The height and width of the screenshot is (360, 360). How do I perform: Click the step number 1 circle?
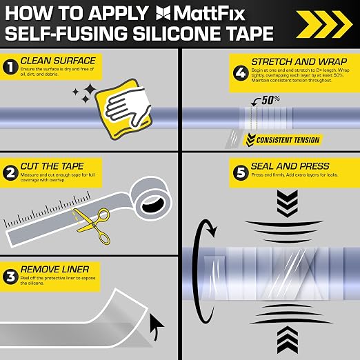10,67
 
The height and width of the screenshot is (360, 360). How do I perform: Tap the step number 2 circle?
10,173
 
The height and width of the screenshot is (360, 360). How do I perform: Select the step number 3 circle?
10,277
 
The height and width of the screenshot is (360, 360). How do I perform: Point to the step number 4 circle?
241,73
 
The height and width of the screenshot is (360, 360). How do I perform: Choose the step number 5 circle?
241,172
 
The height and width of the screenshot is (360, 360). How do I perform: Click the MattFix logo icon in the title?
163,13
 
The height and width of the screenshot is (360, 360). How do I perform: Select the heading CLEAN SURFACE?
58,61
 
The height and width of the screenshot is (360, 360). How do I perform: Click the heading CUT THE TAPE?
52,166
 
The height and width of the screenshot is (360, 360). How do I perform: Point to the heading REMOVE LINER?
54,269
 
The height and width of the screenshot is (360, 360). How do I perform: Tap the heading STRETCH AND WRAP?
299,61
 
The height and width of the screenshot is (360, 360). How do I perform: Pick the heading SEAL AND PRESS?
290,166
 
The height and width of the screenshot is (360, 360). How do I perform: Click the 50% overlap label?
270,100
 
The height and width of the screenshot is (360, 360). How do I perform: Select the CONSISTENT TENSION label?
288,140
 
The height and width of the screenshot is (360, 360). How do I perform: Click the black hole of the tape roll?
153,205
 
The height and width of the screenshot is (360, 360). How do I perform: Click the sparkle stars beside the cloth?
85,93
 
